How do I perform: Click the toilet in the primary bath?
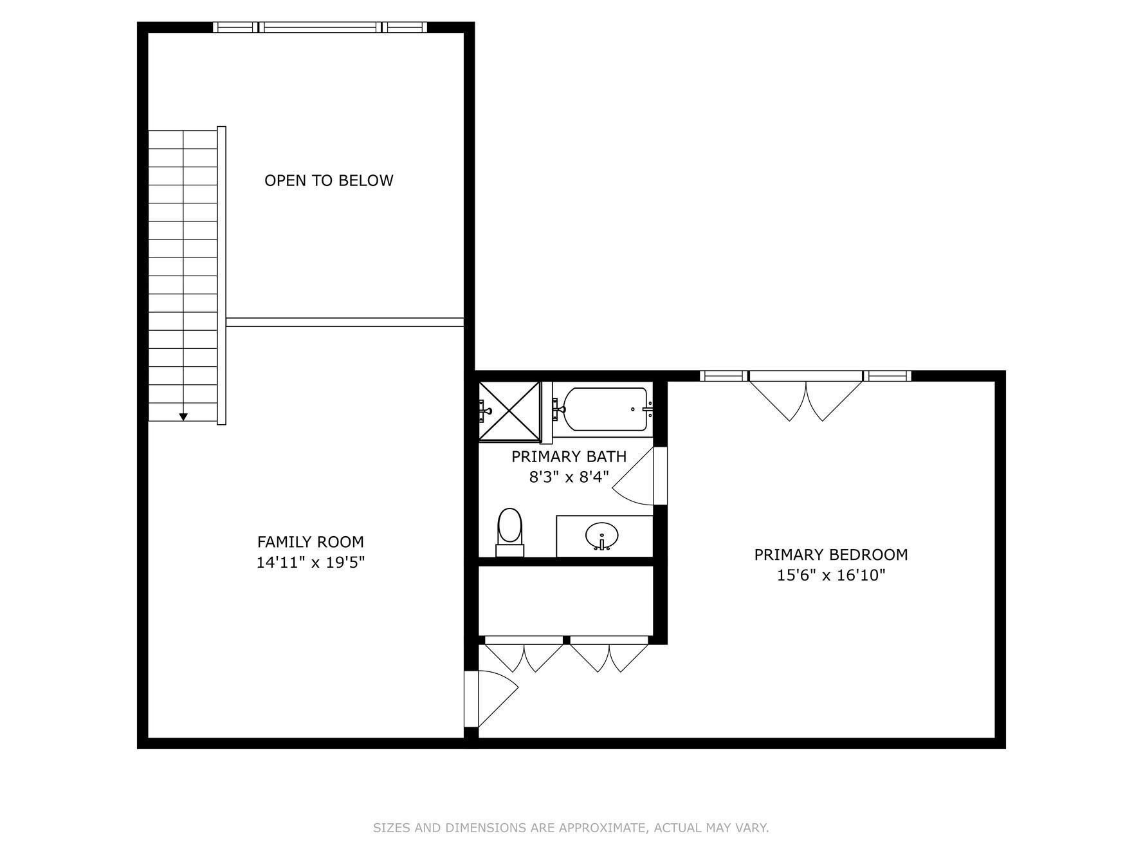[510, 532]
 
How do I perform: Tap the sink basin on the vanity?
[602, 535]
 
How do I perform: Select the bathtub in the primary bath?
[605, 409]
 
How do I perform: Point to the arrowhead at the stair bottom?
[183, 417]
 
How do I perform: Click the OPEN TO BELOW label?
[329, 180]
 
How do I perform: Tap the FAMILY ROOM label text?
[311, 542]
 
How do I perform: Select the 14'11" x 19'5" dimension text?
[311, 563]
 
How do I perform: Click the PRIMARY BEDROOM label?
[831, 554]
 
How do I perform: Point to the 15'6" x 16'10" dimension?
[831, 575]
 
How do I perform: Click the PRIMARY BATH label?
[569, 456]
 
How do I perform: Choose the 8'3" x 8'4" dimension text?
[569, 477]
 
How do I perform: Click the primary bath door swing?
[637, 480]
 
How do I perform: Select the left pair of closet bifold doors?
[524, 655]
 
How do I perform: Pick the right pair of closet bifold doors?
[609, 655]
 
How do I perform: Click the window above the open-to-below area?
[320, 27]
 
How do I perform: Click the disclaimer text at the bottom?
[571, 828]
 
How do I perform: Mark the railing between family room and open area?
[345, 322]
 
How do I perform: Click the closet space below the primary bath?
[566, 601]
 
